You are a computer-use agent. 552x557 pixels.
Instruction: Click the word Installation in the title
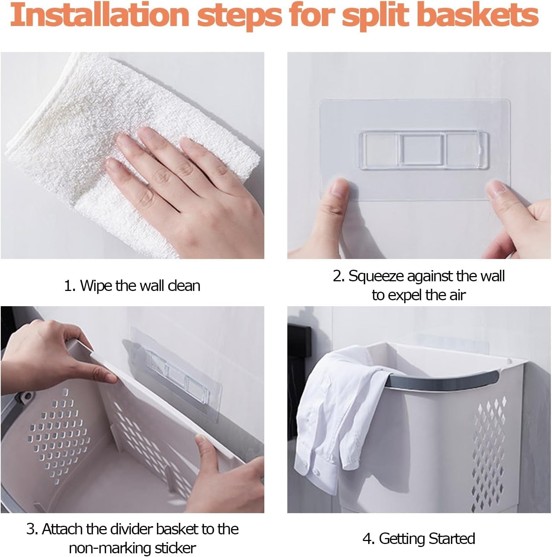pyautogui.click(x=99, y=15)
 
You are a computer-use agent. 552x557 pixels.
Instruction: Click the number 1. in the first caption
pyautogui.click(x=70, y=286)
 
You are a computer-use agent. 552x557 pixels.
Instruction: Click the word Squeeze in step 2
pyautogui.click(x=376, y=276)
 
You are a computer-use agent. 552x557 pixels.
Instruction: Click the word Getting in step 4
pyautogui.click(x=402, y=539)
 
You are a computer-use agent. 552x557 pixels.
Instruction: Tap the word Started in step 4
pyautogui.click(x=451, y=538)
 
